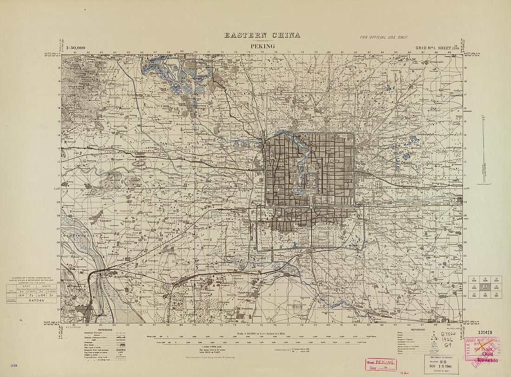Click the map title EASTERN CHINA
pyautogui.click(x=262, y=35)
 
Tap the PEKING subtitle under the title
pyautogui.click(x=262, y=46)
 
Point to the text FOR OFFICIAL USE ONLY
pyautogui.click(x=383, y=37)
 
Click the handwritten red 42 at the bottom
pyautogui.click(x=406, y=372)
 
